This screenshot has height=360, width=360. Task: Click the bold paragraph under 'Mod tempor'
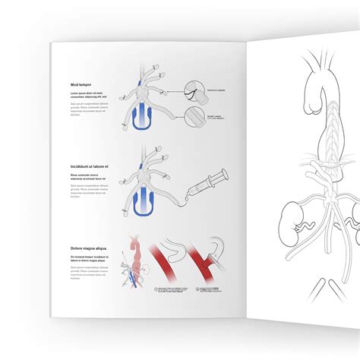point(82,96)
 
